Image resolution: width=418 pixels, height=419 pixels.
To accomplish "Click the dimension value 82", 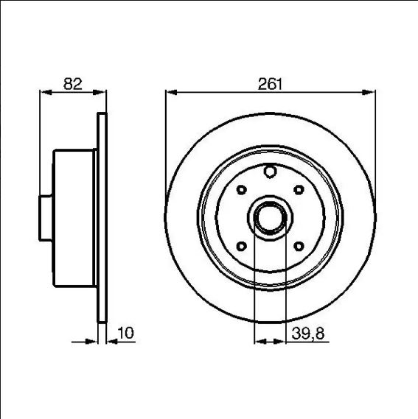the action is click(x=73, y=84).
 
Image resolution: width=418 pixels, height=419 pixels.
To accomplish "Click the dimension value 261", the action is click(x=270, y=84).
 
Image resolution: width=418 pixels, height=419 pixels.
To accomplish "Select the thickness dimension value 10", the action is click(x=125, y=333).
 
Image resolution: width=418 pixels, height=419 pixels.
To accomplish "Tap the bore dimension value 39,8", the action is click(x=308, y=334).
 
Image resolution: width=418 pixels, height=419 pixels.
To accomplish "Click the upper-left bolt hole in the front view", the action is click(x=242, y=190).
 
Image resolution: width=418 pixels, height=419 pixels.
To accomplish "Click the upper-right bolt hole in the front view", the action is click(x=299, y=190).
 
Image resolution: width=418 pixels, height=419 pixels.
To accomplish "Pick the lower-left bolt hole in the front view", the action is click(x=242, y=246).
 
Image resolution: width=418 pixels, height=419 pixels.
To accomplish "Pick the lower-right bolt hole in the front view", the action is click(x=299, y=246).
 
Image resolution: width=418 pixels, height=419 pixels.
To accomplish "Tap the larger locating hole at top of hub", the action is click(x=270, y=172).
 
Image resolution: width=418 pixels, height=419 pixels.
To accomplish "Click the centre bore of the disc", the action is click(x=270, y=218).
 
